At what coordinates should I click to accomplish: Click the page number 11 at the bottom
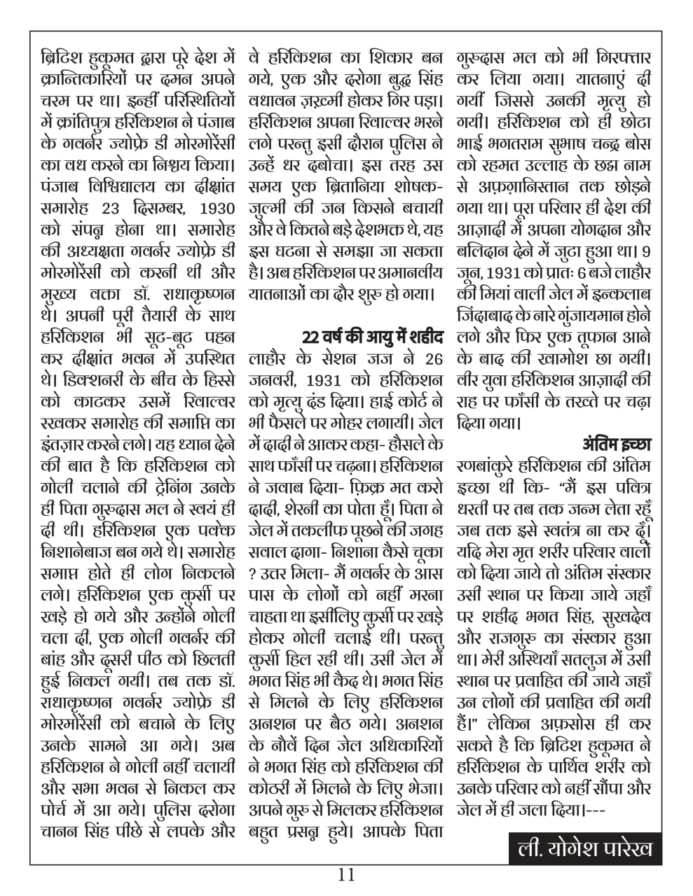click(346, 875)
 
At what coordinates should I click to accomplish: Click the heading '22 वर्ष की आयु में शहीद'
click(373, 337)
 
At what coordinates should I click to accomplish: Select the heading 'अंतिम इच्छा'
click(617, 444)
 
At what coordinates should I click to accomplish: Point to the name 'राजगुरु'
click(516, 638)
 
